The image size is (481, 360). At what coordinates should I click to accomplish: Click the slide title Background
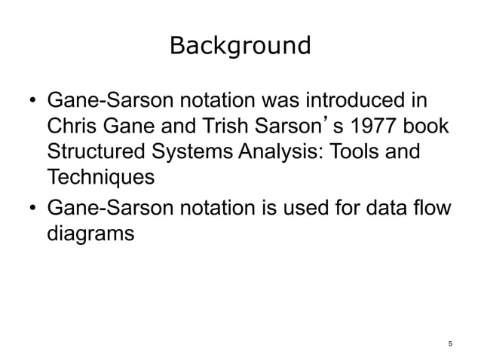tap(240, 46)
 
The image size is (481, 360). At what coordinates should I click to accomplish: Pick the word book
tap(427, 128)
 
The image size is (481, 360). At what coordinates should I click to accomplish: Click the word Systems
tap(200, 154)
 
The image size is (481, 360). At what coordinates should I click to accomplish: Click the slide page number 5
tap(449, 344)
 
